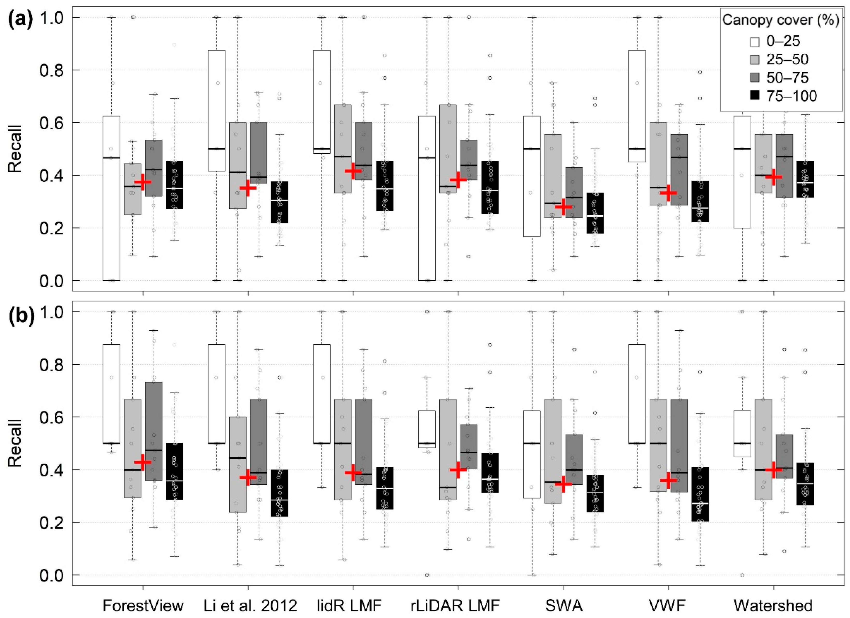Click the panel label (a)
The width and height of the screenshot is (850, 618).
tap(21, 17)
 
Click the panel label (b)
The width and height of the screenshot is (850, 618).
tap(21, 316)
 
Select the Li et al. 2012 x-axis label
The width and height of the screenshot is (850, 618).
tap(250, 605)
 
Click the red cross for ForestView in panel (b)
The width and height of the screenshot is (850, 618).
tap(143, 462)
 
